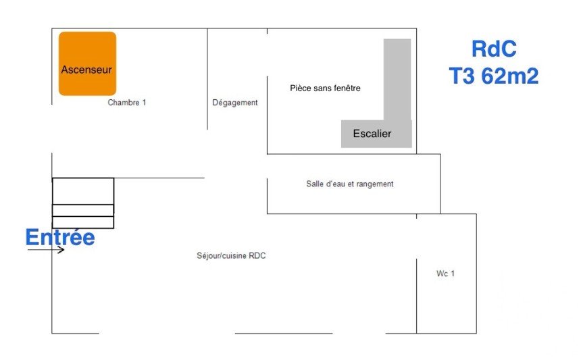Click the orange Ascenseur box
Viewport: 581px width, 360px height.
(87, 63)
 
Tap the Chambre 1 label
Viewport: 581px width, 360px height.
(127, 103)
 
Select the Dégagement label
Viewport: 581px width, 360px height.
(235, 103)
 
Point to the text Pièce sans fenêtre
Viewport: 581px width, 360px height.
(325, 88)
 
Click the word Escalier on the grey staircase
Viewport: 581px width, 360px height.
(372, 133)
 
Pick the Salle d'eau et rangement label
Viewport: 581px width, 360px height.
(350, 184)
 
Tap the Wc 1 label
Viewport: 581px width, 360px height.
(445, 274)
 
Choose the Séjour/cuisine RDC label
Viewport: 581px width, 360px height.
(231, 255)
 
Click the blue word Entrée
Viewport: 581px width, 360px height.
(60, 237)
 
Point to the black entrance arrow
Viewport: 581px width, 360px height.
(46, 250)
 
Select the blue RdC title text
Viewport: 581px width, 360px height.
(494, 49)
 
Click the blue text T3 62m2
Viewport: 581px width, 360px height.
(494, 76)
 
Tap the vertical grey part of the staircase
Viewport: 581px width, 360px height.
(397, 79)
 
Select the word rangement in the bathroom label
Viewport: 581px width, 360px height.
(375, 184)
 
